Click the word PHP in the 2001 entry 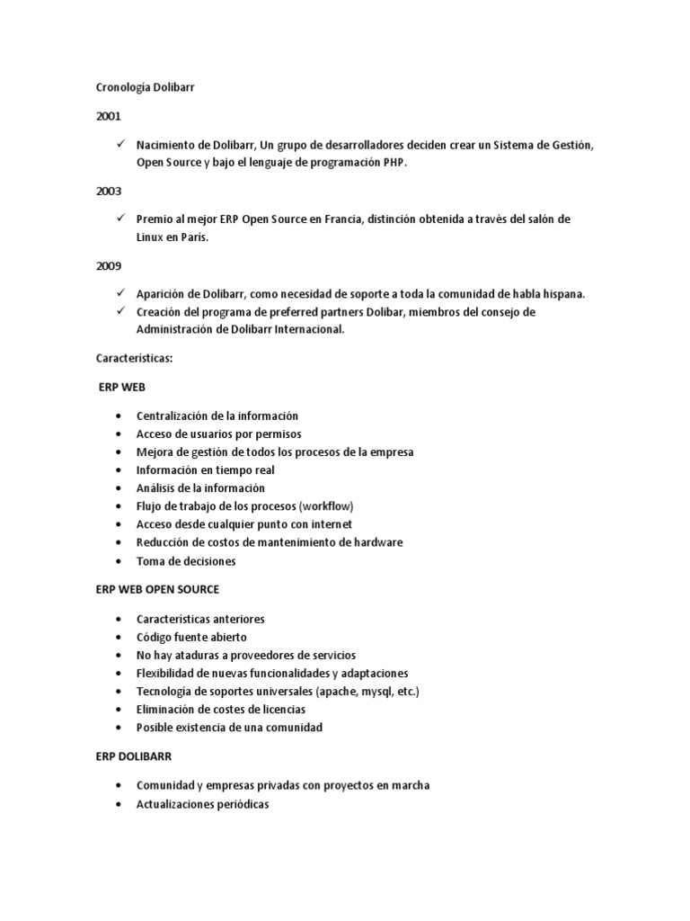tap(394, 162)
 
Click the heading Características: tap(134, 358)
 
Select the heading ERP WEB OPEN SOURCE tap(157, 589)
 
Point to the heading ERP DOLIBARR tap(133, 756)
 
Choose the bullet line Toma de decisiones tap(186, 561)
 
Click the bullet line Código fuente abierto tap(191, 637)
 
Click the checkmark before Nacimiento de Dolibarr tap(120, 144)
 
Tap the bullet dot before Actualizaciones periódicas tap(120, 804)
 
